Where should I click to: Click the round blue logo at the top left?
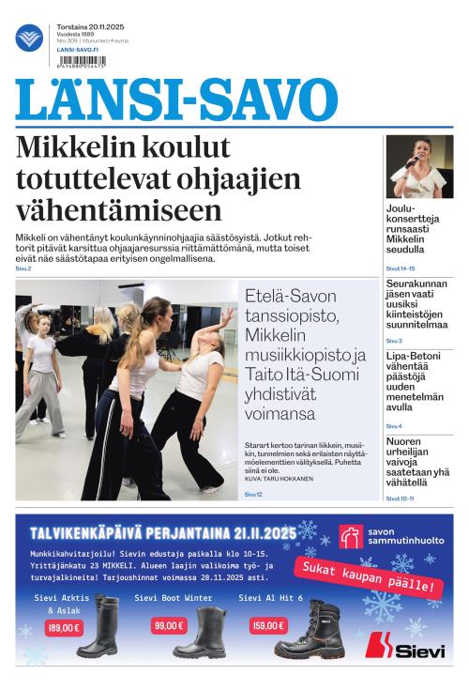point(29,38)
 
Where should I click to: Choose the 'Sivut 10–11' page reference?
point(400,498)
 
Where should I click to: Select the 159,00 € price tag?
point(267,625)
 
